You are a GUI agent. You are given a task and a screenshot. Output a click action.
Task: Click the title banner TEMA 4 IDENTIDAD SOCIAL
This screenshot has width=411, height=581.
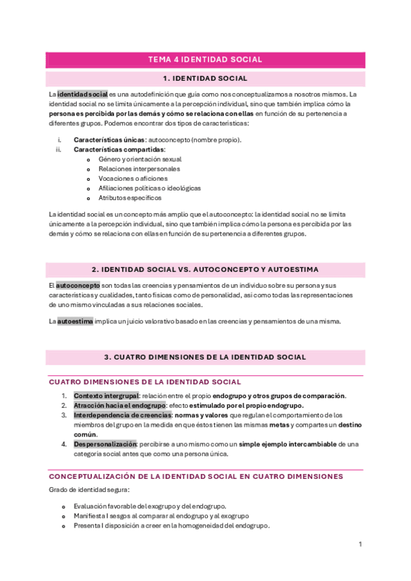tap(205, 60)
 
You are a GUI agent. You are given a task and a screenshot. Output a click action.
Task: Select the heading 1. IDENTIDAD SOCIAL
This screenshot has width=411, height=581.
tap(205, 79)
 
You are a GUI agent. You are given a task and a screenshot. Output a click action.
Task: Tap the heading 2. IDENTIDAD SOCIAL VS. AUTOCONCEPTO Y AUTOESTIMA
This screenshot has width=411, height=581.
tap(205, 269)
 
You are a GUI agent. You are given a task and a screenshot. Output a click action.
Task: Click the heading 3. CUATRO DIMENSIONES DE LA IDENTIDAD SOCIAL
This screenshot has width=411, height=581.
tap(205, 357)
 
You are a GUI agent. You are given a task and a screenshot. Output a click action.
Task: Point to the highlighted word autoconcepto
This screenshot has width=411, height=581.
tap(78, 285)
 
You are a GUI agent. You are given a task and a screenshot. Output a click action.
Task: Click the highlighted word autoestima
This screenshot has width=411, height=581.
tap(75, 321)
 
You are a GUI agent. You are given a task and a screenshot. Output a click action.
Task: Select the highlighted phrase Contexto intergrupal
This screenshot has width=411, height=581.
tap(106, 395)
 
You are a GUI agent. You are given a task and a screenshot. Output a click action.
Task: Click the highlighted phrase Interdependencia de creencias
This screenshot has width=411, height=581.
tap(122, 415)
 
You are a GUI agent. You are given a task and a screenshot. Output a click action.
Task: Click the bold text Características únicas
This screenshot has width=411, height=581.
tap(109, 140)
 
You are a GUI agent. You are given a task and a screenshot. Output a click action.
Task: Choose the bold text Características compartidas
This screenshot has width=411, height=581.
tap(119, 149)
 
